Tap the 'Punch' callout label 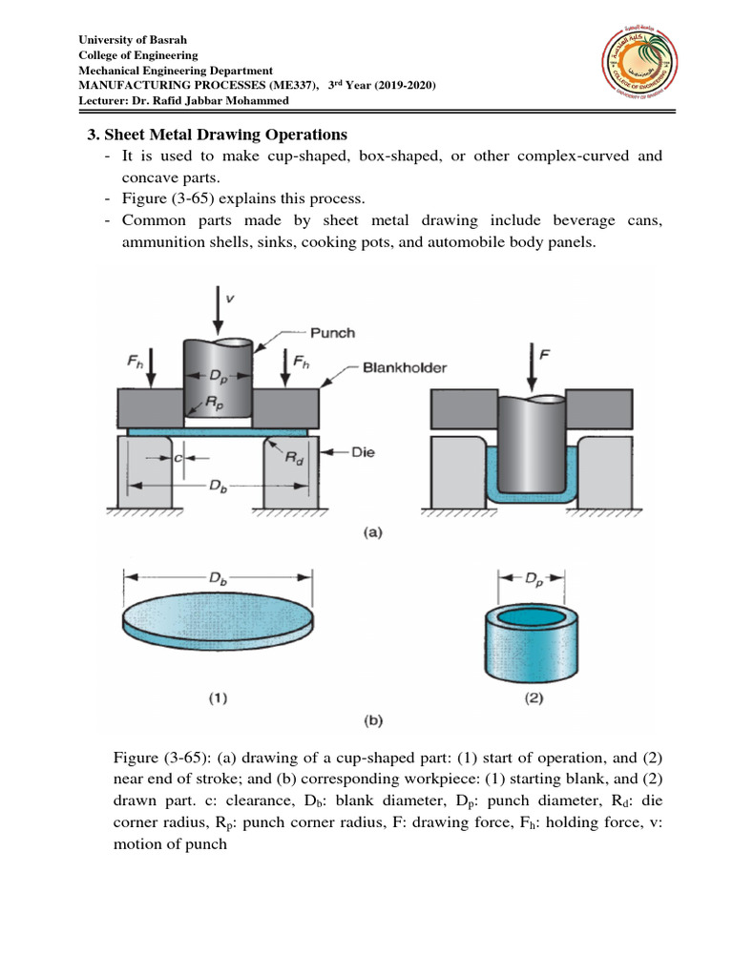click(332, 333)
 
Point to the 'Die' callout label click(363, 453)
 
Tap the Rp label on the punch click(218, 405)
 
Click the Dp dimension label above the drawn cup click(531, 576)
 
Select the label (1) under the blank click(218, 697)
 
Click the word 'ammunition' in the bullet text click(161, 241)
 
